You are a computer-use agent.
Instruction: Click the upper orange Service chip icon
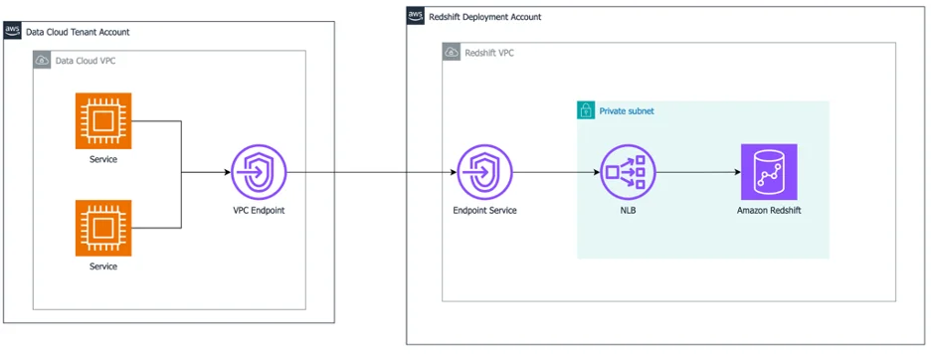click(103, 120)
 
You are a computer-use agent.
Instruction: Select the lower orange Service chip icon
click(103, 228)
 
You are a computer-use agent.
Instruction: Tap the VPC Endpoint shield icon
click(259, 172)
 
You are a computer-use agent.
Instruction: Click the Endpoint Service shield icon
click(484, 172)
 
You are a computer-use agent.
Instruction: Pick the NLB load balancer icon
click(628, 172)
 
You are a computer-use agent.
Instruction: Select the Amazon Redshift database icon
click(769, 172)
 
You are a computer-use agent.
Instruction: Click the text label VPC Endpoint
click(259, 210)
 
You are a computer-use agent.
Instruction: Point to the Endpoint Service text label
click(484, 210)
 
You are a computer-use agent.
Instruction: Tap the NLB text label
click(628, 210)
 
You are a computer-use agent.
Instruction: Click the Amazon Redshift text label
click(769, 210)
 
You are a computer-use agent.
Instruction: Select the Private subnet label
click(627, 111)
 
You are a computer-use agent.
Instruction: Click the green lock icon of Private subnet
click(586, 110)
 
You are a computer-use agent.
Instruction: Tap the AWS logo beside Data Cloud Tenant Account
click(13, 31)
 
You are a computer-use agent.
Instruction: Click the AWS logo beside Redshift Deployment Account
click(416, 16)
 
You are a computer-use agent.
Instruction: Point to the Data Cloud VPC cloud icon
click(42, 60)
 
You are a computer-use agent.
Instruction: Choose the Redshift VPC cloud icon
click(452, 52)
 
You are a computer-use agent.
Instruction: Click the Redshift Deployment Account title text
click(485, 17)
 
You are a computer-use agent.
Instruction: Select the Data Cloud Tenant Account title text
click(78, 32)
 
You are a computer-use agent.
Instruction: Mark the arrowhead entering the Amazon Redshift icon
click(737, 172)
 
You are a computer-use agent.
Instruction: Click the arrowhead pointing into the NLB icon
click(596, 172)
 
